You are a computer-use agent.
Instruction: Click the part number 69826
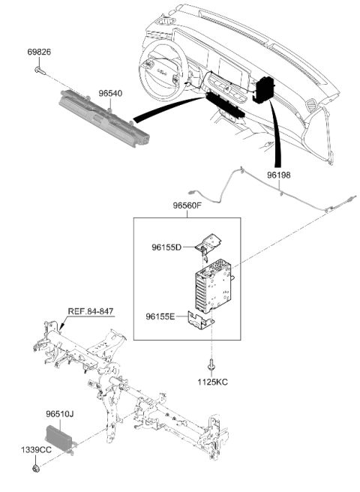coord(39,52)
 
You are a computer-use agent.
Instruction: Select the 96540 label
coord(110,94)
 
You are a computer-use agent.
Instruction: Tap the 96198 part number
coord(279,175)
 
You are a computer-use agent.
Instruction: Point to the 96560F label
coord(187,205)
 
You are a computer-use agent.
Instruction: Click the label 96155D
coord(166,247)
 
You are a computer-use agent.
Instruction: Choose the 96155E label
coord(160,316)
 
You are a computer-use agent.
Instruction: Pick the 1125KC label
coord(212,382)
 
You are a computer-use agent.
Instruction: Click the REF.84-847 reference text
coord(91,311)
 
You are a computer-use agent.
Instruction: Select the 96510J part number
coord(60,414)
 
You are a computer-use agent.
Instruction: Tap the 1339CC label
coord(36,450)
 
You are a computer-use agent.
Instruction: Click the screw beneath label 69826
coord(40,70)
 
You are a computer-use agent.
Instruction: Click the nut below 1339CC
coord(36,469)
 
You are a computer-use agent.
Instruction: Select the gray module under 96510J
coord(61,435)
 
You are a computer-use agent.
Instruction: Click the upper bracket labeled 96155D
coord(208,244)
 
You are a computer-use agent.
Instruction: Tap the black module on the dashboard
coord(263,90)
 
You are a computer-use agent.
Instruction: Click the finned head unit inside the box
coord(214,286)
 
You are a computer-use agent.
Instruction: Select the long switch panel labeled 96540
coord(103,118)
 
